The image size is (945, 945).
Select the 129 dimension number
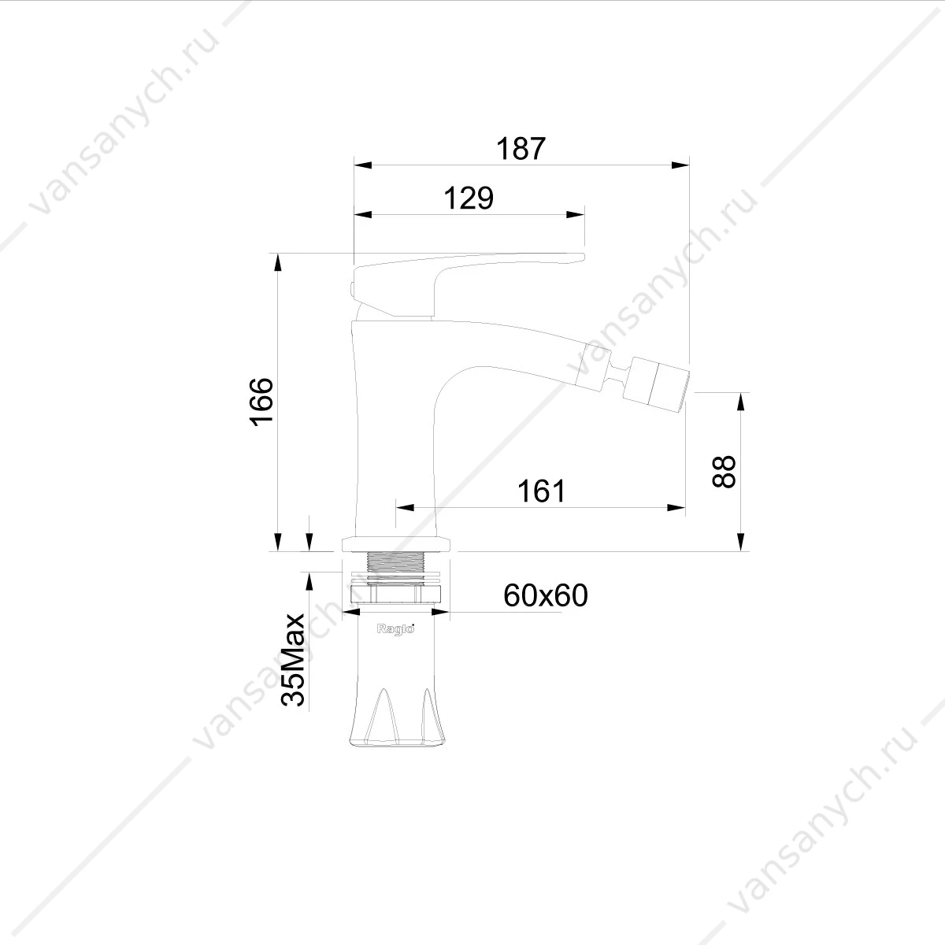[469, 198]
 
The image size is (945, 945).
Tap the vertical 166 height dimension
[261, 402]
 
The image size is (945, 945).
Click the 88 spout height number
[724, 472]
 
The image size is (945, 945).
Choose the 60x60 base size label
[545, 595]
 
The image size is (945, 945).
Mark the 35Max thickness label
[293, 659]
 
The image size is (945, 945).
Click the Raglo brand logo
[395, 629]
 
